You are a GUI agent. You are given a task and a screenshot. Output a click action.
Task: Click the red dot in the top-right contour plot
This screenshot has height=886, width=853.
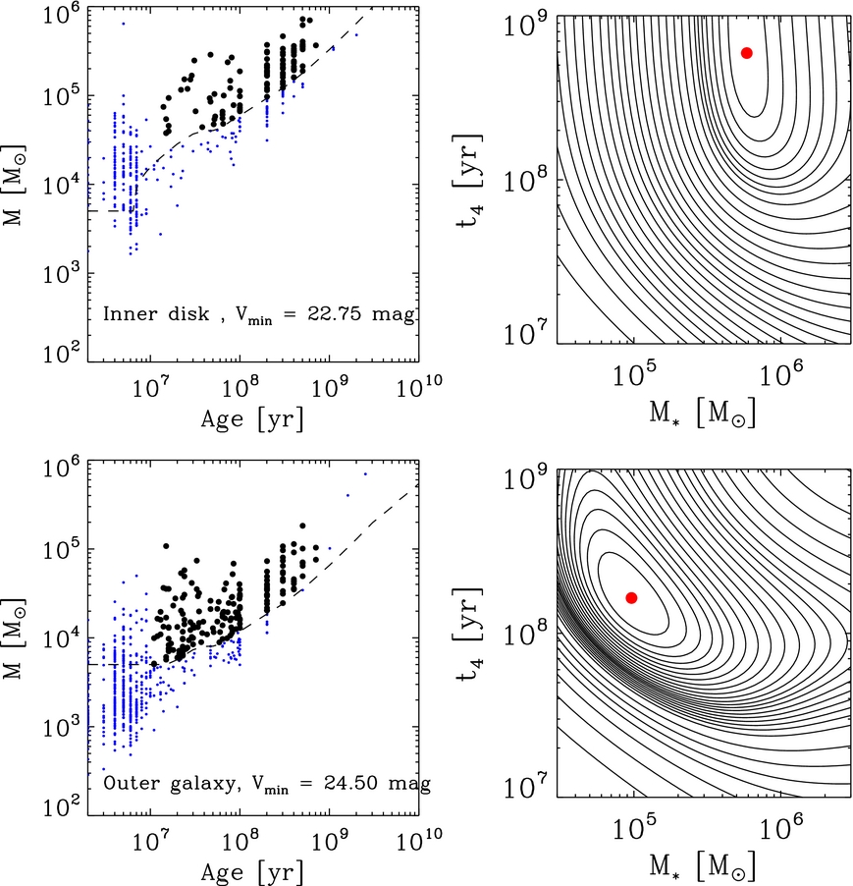coord(746,53)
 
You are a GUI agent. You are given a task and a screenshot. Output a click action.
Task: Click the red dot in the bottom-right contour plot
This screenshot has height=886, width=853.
coord(631,598)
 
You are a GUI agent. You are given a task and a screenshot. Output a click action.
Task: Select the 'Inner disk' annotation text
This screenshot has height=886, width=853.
coord(156,313)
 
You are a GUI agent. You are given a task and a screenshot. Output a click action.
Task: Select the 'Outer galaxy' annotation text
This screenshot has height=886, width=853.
coord(170,783)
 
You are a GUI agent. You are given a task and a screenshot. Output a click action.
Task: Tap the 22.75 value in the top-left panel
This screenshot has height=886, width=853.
coord(334,313)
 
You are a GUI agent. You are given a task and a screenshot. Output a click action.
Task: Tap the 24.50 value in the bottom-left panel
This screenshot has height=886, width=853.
coord(350,783)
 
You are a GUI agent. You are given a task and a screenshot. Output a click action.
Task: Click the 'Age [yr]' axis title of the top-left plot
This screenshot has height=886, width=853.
coord(252,419)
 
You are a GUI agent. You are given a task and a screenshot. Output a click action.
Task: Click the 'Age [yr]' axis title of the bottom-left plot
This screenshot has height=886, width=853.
coord(252,872)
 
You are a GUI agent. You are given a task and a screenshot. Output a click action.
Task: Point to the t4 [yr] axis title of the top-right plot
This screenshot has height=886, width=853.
coord(468,181)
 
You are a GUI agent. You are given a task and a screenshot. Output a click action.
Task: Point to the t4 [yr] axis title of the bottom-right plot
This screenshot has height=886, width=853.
coord(468,635)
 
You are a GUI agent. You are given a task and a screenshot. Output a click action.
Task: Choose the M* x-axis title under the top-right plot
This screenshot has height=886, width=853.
coord(702,414)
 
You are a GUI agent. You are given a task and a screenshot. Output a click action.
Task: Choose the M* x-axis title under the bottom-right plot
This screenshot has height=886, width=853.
coord(702,866)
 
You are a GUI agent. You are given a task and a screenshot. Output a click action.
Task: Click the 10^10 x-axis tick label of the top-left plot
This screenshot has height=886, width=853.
coord(419,386)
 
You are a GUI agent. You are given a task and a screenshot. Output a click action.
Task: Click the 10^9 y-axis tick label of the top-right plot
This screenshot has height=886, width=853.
coord(523,25)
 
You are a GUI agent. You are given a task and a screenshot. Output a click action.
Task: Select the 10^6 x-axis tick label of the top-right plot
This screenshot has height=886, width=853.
coord(781,372)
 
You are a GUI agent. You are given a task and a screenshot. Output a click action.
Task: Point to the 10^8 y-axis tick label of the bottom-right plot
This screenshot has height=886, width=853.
coord(523,634)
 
